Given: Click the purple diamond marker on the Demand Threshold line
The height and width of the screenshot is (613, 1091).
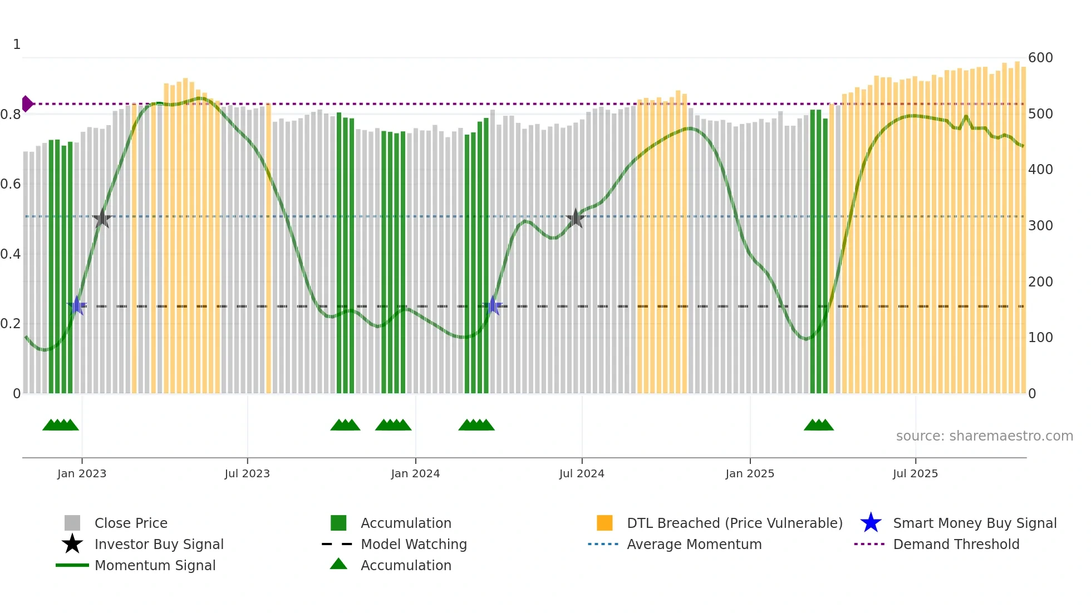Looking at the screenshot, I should pos(27,104).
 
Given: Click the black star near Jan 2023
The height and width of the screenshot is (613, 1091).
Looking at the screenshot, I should pos(102,219).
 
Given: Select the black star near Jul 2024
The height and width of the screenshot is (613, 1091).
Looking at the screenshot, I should pos(576,219).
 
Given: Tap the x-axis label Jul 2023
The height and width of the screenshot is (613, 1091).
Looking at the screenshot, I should pos(247,474).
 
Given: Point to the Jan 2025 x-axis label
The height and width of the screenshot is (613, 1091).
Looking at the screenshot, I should pos(750,474).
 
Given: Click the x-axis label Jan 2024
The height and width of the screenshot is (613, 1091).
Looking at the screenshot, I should pos(415,474).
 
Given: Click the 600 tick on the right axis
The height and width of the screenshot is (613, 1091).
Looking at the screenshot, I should pos(1040,58).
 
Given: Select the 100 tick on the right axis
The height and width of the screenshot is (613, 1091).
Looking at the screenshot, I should pos(1040,338).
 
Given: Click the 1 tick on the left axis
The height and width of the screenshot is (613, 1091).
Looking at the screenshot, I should pos(17,45).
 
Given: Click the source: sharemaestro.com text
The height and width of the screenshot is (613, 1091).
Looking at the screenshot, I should pos(984,436).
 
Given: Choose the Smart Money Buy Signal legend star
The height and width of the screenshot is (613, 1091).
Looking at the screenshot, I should pos(871,523).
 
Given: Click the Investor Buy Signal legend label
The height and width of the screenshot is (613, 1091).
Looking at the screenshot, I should pos(159,544).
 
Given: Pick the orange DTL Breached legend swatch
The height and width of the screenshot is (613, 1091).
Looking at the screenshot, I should pos(605,523).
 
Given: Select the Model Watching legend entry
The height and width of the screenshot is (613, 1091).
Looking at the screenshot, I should pos(414,544).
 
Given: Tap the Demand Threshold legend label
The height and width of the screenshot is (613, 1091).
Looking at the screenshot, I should pos(956,544).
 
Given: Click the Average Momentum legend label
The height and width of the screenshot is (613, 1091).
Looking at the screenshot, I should pos(694,544).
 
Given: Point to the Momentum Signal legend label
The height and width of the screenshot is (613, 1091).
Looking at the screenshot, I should pos(155,565).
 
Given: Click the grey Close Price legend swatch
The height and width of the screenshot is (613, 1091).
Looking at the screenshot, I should pos(72,523).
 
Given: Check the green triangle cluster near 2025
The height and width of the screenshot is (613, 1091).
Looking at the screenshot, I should pos(818,426).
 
